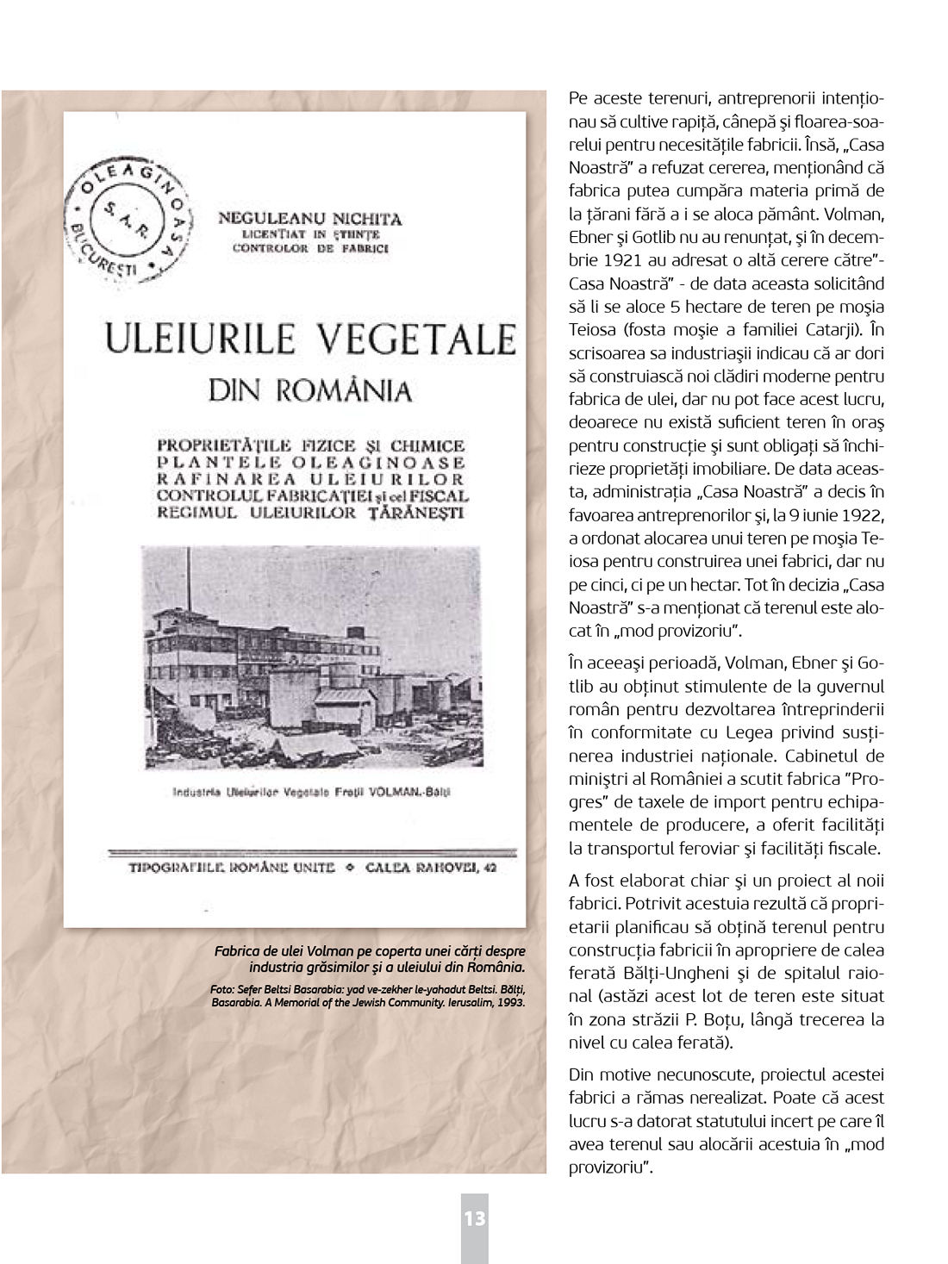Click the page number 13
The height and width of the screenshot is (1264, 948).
click(x=475, y=1218)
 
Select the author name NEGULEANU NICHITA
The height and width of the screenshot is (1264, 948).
click(x=309, y=219)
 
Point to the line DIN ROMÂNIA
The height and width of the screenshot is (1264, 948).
click(x=310, y=390)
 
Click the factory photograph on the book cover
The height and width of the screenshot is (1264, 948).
click(x=312, y=657)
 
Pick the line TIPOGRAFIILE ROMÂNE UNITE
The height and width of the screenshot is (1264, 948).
click(x=231, y=867)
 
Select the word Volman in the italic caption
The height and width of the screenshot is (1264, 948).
click(x=329, y=951)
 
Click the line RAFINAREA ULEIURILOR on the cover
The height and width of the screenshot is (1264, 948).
click(x=310, y=478)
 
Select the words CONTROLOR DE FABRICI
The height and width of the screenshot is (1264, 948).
click(x=310, y=248)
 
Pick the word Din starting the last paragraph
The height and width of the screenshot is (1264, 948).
click(x=581, y=1074)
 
